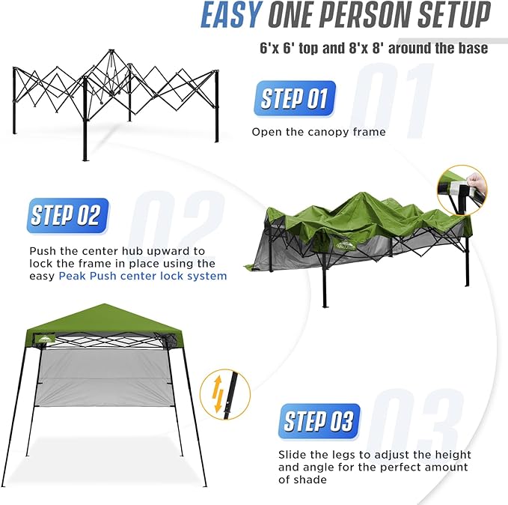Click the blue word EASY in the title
(231, 15)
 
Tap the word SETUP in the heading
(454, 15)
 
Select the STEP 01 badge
(295, 98)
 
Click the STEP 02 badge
(68, 216)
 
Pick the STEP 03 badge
(319, 422)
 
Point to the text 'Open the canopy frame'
(319, 132)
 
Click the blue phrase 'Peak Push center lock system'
(143, 276)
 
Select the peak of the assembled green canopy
(104, 304)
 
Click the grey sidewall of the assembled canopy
(105, 378)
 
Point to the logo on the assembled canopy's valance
(46, 339)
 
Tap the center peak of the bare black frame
(111, 52)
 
